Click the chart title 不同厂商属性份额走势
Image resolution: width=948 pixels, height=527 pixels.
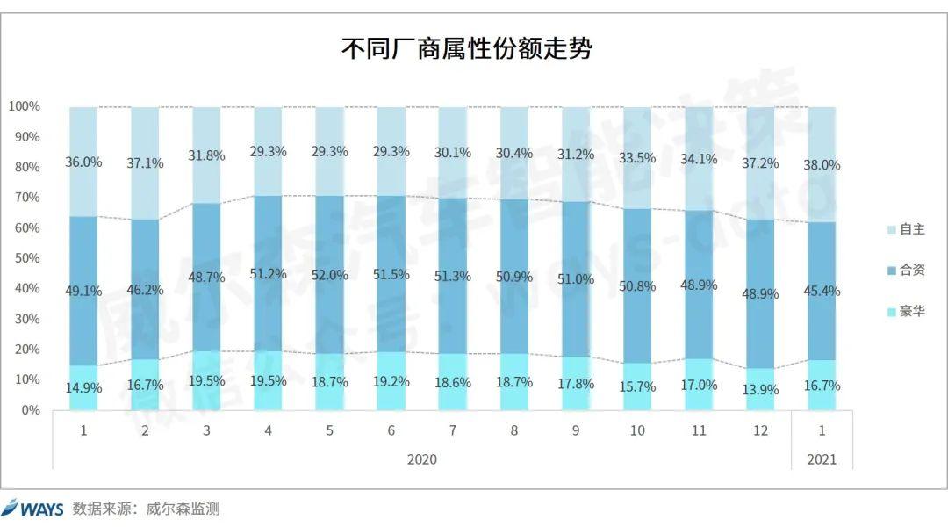(x=466, y=48)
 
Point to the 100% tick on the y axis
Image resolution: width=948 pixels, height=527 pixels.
(x=25, y=106)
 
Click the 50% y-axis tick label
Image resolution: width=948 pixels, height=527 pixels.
(x=28, y=258)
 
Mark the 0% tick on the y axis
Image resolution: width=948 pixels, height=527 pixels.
(x=32, y=410)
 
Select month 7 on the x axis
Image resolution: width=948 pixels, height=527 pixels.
(x=452, y=431)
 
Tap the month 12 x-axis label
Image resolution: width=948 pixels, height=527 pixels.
(x=760, y=431)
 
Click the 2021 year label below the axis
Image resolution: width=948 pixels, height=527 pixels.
(x=822, y=459)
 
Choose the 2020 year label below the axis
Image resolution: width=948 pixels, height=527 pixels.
(x=421, y=459)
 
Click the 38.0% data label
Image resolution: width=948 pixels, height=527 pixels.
(x=822, y=164)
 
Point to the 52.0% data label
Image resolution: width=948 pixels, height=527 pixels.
(x=330, y=274)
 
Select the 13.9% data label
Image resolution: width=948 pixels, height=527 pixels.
(x=760, y=390)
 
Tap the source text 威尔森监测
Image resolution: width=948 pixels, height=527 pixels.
(x=185, y=509)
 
